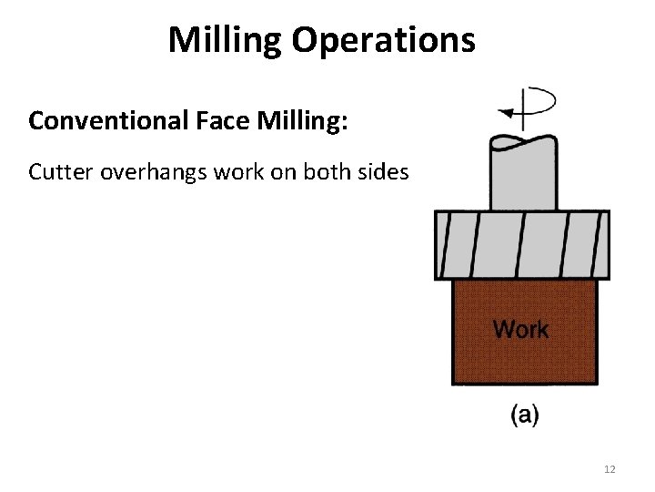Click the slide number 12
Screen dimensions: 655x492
pos(610,469)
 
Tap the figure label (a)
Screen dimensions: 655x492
pos(524,416)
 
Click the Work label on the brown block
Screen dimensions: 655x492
pos(520,329)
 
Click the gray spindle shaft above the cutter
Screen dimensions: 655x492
pos(522,178)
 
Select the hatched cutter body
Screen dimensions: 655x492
pos(522,244)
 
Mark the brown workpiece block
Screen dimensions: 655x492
pos(524,360)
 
